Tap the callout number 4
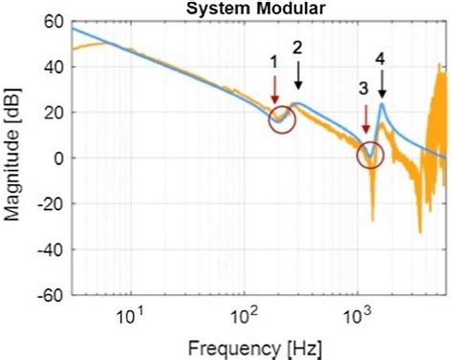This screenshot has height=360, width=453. (380, 58)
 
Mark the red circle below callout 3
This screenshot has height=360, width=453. (370, 153)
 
